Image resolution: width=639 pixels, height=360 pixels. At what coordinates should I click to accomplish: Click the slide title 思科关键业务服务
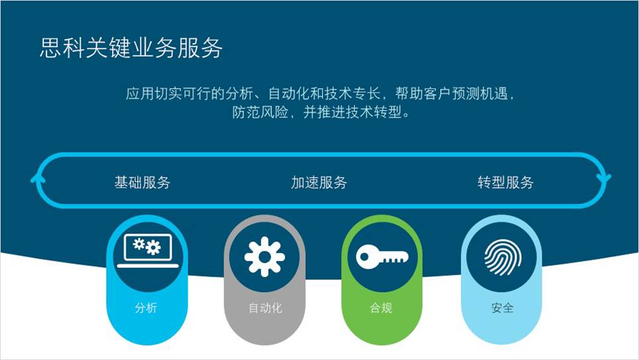[131, 48]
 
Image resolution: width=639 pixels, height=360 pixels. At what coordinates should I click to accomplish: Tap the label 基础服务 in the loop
[143, 182]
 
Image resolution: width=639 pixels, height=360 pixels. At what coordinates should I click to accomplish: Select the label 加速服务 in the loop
[319, 182]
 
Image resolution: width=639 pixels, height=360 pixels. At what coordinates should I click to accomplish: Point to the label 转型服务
[505, 182]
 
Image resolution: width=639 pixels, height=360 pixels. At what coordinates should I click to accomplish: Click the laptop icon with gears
[148, 251]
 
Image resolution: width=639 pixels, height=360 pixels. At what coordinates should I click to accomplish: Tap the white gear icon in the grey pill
[264, 257]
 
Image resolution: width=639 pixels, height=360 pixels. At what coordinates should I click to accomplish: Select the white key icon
[382, 257]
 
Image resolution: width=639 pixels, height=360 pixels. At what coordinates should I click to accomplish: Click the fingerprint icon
[502, 257]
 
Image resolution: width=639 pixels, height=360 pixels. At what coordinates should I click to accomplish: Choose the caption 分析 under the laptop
[146, 308]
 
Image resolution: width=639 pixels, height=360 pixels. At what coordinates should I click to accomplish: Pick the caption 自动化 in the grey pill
[265, 308]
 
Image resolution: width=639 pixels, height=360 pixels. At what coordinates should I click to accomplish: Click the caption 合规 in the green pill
[381, 308]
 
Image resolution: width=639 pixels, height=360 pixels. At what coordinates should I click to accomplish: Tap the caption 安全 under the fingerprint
[502, 308]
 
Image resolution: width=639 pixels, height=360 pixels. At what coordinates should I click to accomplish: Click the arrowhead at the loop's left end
[38, 180]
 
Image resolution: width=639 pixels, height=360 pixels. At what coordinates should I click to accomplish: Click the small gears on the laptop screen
[147, 246]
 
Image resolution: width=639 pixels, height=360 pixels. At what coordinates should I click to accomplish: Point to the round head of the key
[367, 257]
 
